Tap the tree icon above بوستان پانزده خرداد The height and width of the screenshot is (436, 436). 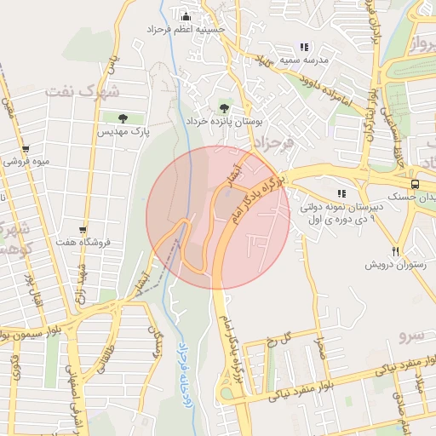tap(224, 108)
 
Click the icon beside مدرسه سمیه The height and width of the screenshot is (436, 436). tap(304, 48)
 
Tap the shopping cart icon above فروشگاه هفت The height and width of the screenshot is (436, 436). tap(83, 230)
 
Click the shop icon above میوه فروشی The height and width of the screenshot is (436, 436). tap(26, 149)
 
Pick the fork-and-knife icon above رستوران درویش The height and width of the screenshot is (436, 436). tap(395, 251)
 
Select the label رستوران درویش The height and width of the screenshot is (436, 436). tap(388, 265)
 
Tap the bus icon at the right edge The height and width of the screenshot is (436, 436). tap(415, 184)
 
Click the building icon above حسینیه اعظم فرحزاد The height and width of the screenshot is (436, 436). tap(186, 16)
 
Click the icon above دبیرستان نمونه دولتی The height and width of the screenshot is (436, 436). tap(342, 193)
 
